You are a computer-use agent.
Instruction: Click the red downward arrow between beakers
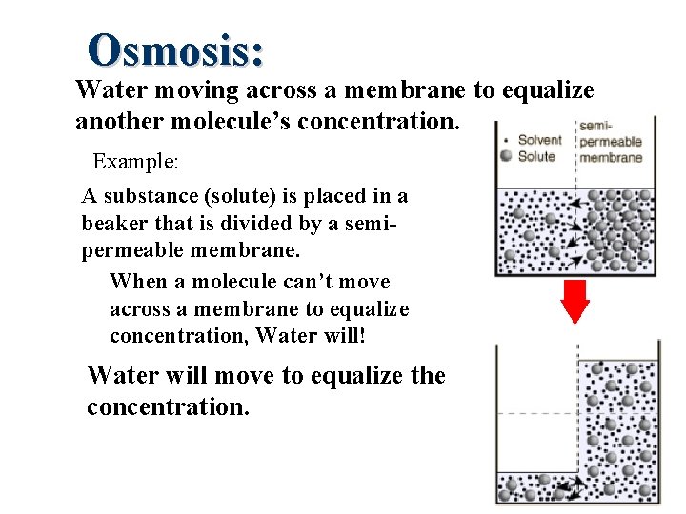coord(575,304)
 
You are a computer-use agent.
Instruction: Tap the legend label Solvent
coord(539,140)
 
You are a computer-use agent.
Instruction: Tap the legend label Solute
coord(535,156)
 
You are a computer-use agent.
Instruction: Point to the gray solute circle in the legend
coord(507,156)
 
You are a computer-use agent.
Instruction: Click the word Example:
coord(135,161)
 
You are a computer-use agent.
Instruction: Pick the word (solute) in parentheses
coord(228,197)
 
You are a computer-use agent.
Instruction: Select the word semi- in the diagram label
coord(595,126)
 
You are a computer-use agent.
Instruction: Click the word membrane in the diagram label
coord(612,157)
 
